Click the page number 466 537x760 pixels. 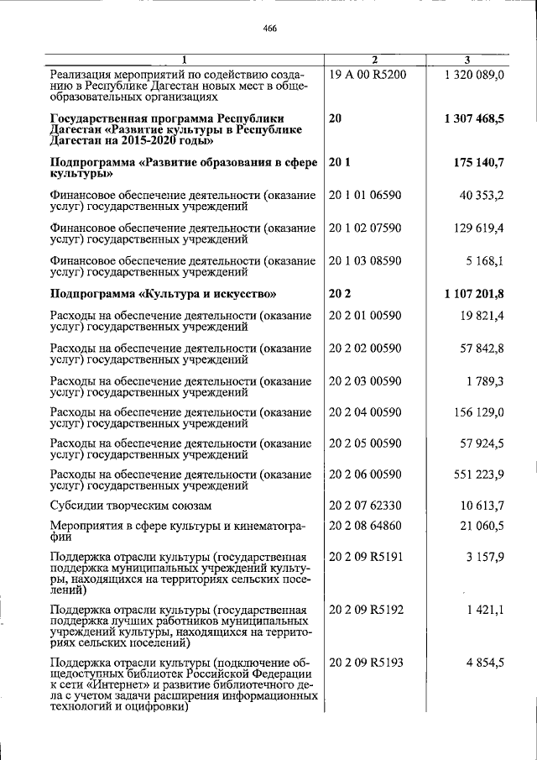click(x=269, y=28)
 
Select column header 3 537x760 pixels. click(x=468, y=58)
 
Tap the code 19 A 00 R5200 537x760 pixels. click(x=368, y=75)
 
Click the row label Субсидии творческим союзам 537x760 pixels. click(x=130, y=506)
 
